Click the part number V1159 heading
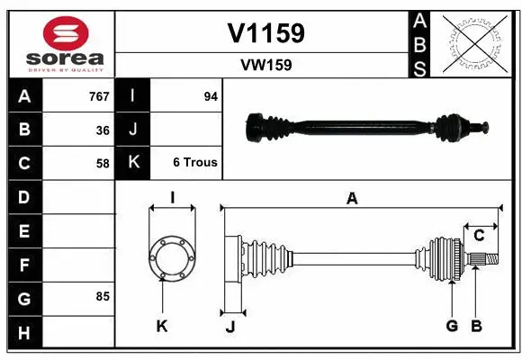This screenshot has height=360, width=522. pyautogui.click(x=266, y=33)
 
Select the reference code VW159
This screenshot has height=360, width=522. pyautogui.click(x=266, y=65)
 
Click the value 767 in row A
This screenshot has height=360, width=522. pyautogui.click(x=98, y=96)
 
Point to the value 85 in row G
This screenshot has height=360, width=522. pyautogui.click(x=102, y=296)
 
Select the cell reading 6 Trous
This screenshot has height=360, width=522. pyautogui.click(x=194, y=163)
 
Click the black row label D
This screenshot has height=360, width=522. pyautogui.click(x=24, y=197)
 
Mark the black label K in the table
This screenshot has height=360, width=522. pyautogui.click(x=133, y=163)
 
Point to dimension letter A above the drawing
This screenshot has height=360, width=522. pyautogui.click(x=352, y=199)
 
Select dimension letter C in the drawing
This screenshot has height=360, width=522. pyautogui.click(x=479, y=236)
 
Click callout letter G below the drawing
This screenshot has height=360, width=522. pyautogui.click(x=452, y=326)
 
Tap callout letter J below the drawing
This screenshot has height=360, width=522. pyautogui.click(x=229, y=327)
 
